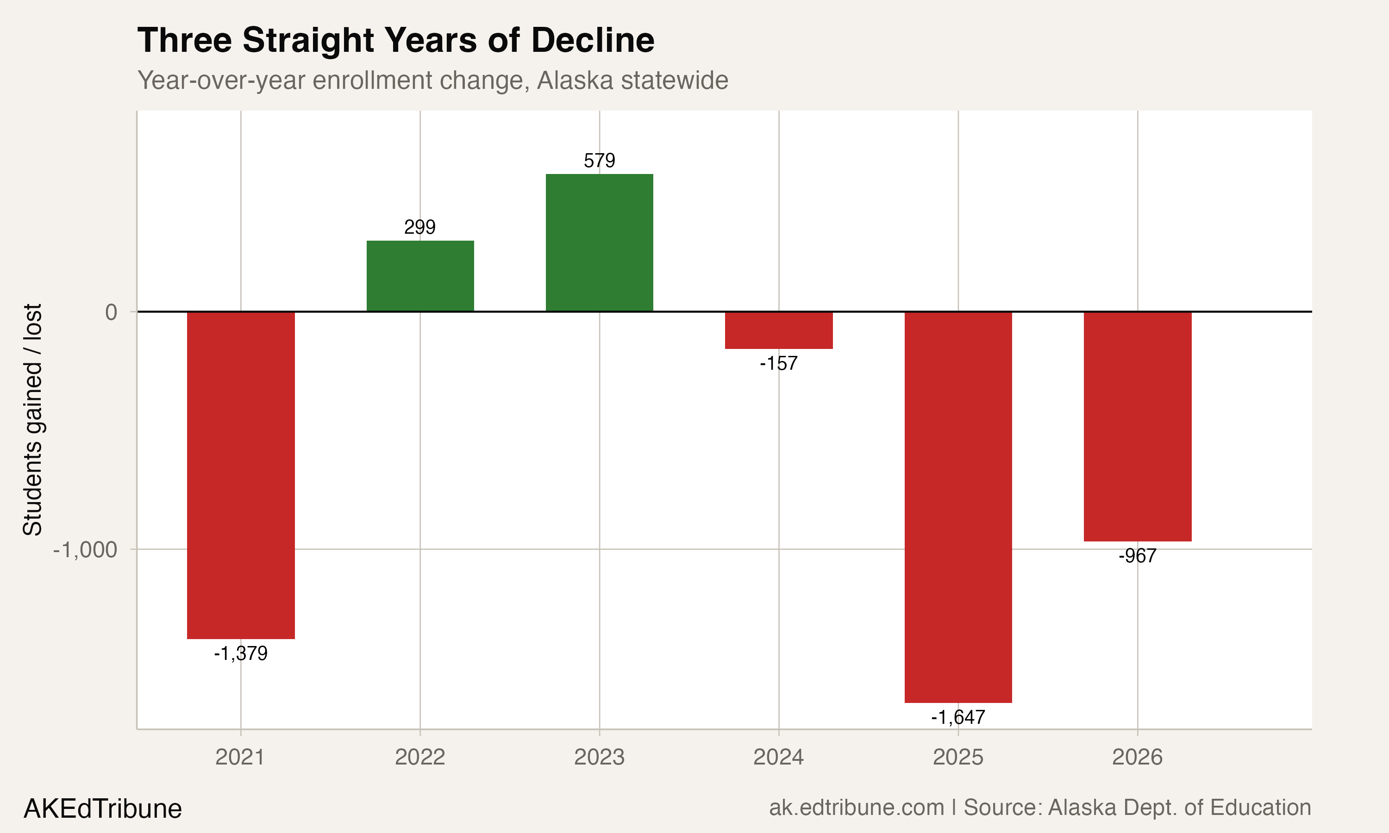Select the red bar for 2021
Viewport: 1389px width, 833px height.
pyautogui.click(x=240, y=475)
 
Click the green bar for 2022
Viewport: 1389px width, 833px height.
pyautogui.click(x=420, y=276)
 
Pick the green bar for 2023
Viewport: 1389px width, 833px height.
pyautogui.click(x=599, y=242)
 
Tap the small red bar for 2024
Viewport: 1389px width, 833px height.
pyautogui.click(x=778, y=330)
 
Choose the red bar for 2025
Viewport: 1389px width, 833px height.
pyautogui.click(x=958, y=507)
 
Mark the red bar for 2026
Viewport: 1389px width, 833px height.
pyautogui.click(x=1137, y=426)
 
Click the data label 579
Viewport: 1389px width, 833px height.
pyautogui.click(x=599, y=161)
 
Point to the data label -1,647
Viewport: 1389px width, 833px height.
pyautogui.click(x=958, y=717)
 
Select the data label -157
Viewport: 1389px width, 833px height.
pyautogui.click(x=778, y=363)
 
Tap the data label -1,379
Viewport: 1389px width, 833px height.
pyautogui.click(x=240, y=653)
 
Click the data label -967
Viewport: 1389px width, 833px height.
pyautogui.click(x=1137, y=556)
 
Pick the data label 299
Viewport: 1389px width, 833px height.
pyautogui.click(x=420, y=227)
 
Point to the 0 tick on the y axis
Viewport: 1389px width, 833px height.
pyautogui.click(x=111, y=312)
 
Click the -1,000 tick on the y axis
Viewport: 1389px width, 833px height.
pyautogui.click(x=85, y=549)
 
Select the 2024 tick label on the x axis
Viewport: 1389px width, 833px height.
pyautogui.click(x=778, y=757)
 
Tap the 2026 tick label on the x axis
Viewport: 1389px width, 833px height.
pyautogui.click(x=1137, y=757)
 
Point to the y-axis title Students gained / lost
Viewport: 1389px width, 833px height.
pyautogui.click(x=32, y=420)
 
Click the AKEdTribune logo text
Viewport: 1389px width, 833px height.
pyautogui.click(x=103, y=808)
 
